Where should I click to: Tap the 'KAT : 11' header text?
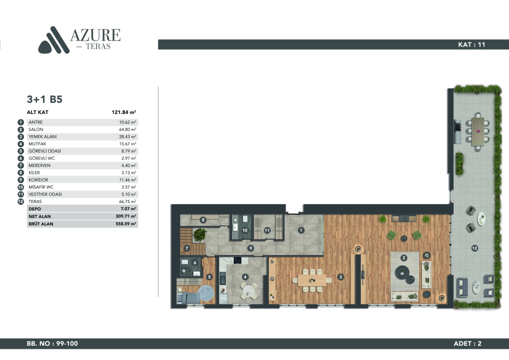point(471,44)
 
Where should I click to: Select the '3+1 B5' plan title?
point(44,99)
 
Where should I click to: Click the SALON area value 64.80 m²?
point(128,129)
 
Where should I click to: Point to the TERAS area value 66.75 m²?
point(128,201)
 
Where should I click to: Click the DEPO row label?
point(34,209)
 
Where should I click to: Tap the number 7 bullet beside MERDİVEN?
point(21,165)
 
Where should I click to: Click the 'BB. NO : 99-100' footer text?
point(52,343)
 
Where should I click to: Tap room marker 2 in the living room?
point(403,257)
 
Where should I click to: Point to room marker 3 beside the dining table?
point(340,276)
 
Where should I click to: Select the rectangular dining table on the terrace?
point(478,131)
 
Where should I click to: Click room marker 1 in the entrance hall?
point(301,230)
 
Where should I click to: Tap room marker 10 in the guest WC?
point(245,230)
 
